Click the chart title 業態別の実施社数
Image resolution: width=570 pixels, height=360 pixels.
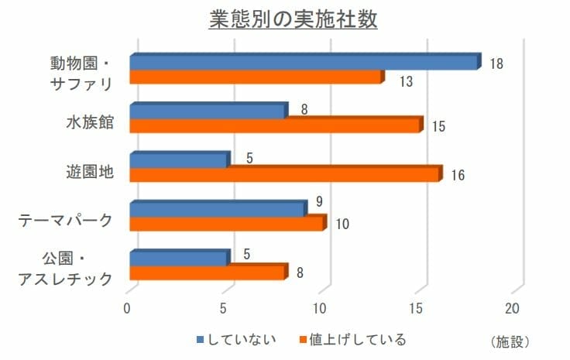[293, 19]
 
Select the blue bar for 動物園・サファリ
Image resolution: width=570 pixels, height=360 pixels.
[304, 63]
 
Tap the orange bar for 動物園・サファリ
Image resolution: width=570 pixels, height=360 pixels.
[256, 77]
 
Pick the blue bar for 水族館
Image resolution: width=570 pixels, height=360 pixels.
[208, 111]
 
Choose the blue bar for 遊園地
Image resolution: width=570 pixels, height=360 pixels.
[179, 160]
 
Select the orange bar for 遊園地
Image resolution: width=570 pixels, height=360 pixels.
[284, 175]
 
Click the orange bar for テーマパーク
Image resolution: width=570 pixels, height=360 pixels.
[227, 224]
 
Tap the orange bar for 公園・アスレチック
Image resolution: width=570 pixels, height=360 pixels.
[208, 273]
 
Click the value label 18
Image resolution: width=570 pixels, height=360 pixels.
[496, 63]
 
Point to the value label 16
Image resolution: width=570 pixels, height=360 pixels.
[458, 175]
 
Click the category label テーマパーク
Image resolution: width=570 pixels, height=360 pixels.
[66, 221]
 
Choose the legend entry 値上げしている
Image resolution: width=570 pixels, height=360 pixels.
[357, 339]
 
